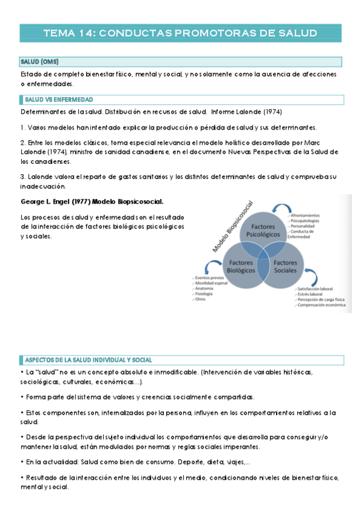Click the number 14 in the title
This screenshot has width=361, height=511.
pos(86,33)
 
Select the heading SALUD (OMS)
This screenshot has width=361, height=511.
pos(39,61)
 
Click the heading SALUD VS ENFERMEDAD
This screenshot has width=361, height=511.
pos(58,99)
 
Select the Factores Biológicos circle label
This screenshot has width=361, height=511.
pos(239,267)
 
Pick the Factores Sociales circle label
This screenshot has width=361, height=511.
pos(285,267)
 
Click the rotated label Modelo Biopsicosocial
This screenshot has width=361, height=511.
pos(233,227)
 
